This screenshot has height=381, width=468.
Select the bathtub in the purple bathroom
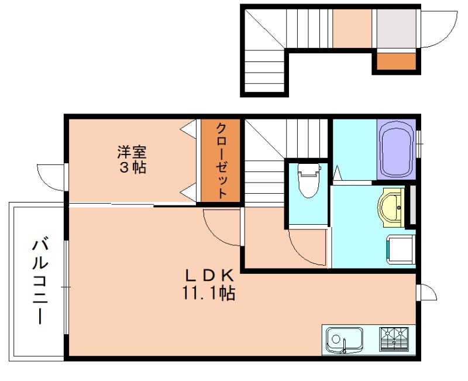(396, 150)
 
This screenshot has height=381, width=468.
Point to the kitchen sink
(343, 340)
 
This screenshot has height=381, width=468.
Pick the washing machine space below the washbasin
(400, 248)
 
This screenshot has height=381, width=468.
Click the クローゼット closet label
(221, 160)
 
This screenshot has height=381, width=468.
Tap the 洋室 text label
(132, 153)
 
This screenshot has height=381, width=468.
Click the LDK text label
(210, 274)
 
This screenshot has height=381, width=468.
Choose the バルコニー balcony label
(39, 280)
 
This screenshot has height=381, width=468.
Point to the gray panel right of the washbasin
(411, 205)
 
